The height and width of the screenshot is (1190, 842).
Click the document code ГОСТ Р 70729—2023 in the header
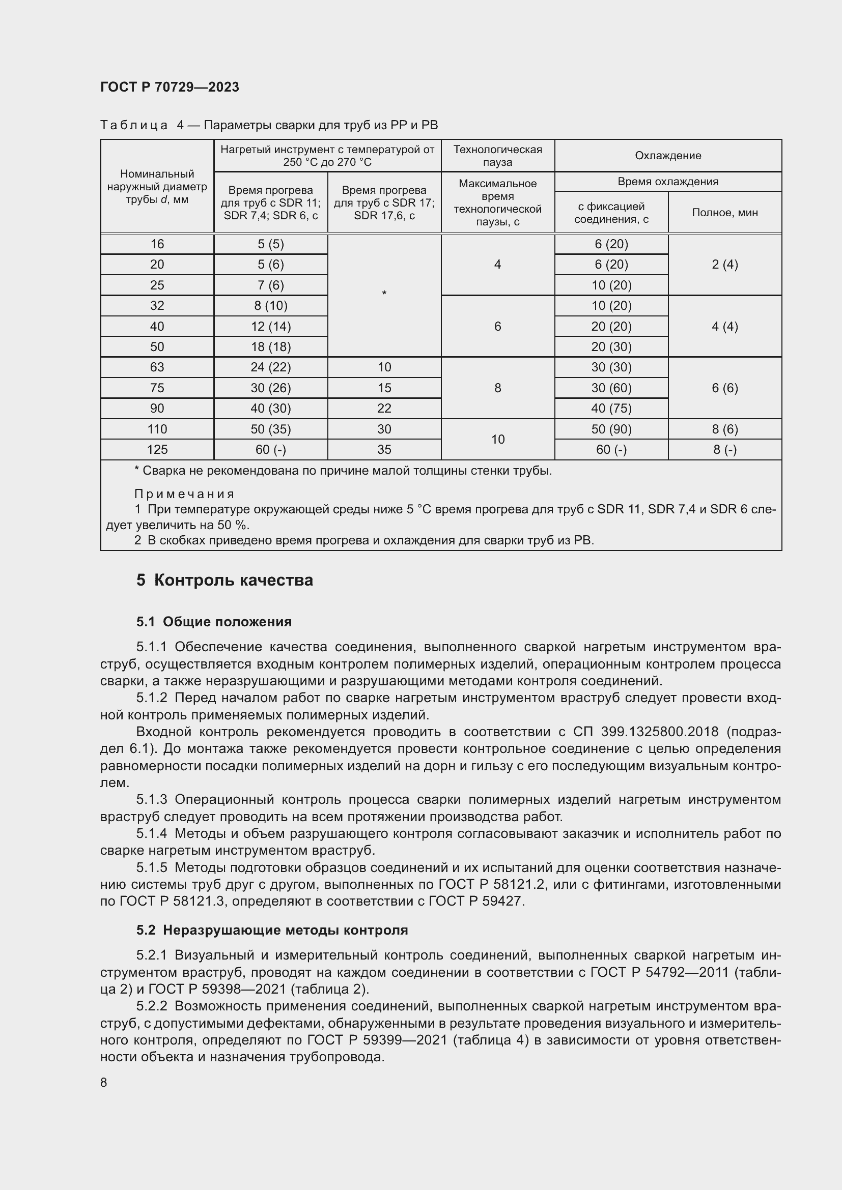tap(170, 87)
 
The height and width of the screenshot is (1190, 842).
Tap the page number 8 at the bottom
tap(104, 1082)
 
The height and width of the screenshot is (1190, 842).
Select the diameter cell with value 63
tap(157, 367)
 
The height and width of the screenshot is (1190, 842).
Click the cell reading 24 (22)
tap(271, 367)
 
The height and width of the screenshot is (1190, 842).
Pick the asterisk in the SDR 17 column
tap(384, 294)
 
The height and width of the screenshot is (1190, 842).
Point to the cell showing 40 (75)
tap(611, 409)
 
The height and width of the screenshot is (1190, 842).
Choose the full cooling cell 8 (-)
tap(724, 449)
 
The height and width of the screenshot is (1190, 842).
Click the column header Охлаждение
tap(668, 156)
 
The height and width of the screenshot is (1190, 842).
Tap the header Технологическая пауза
tap(497, 156)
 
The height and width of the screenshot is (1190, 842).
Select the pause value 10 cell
tap(497, 439)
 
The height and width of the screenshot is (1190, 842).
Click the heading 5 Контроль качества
tap(224, 580)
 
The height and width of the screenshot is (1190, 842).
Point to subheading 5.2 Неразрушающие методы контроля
tap(272, 930)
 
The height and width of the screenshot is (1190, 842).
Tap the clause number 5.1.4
tap(152, 833)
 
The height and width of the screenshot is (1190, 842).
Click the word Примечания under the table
tap(184, 494)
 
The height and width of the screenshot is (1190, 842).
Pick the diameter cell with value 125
tap(157, 449)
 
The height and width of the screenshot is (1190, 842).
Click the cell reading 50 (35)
tap(271, 429)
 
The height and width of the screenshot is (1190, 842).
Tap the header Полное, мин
tap(724, 213)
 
